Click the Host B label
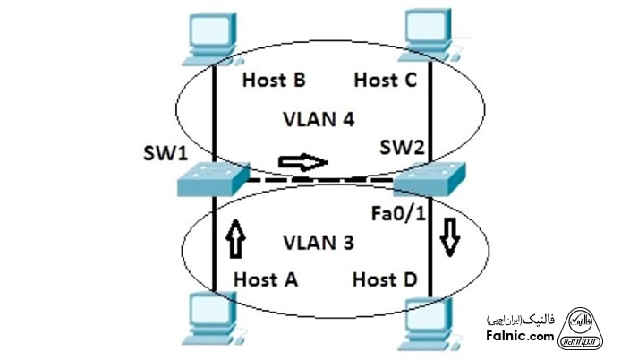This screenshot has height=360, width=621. click(275, 81)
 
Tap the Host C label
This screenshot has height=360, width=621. click(385, 81)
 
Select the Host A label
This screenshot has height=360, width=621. click(266, 279)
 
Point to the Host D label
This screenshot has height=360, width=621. click(385, 279)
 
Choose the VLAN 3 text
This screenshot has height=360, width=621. click(318, 243)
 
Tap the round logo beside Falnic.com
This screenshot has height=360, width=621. click(585, 327)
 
